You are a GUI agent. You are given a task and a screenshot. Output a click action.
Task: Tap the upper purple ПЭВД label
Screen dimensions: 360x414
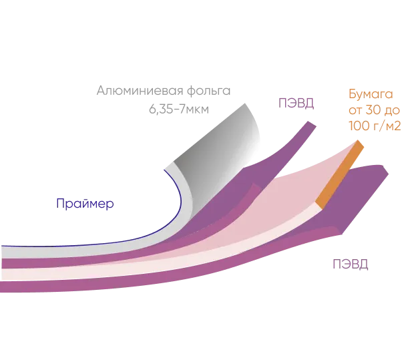tap(295, 103)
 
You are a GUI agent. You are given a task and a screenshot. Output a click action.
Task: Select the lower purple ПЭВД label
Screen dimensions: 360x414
tap(349, 264)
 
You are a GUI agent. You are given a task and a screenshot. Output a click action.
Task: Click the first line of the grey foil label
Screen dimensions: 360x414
tap(166, 89)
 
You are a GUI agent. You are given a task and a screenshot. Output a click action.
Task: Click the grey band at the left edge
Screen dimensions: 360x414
tap(13, 251)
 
